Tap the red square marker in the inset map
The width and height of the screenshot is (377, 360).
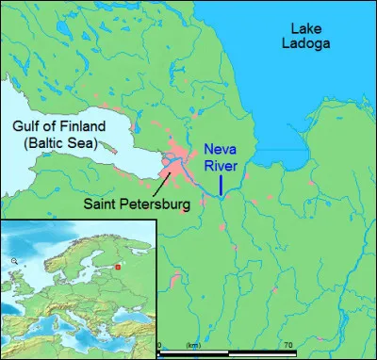tap(118, 266)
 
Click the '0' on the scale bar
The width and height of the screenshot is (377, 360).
tap(159, 346)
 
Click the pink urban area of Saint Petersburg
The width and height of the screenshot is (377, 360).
tap(175, 156)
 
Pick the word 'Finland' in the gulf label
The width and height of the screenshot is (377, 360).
tap(81, 127)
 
